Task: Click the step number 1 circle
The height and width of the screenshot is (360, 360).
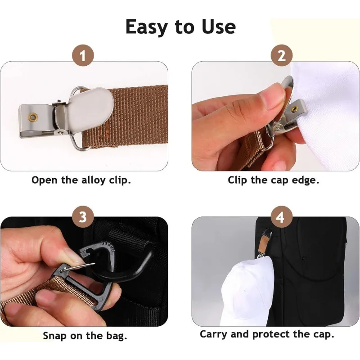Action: [x=83, y=57]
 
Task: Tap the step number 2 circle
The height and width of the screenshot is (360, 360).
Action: [x=281, y=57]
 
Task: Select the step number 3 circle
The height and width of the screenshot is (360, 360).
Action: [x=83, y=217]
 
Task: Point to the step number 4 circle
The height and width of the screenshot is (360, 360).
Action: [x=281, y=218]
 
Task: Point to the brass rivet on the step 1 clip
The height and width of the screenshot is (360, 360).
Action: [x=33, y=117]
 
